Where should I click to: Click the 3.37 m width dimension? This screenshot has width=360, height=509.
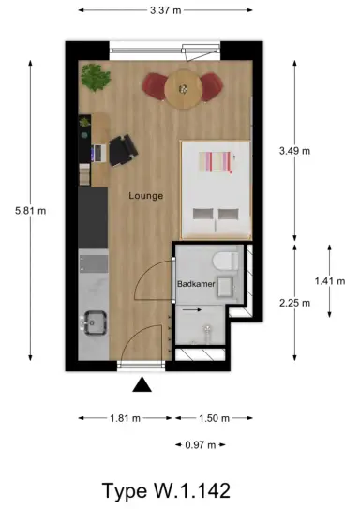click(165, 11)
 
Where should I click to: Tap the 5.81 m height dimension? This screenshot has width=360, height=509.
click(30, 211)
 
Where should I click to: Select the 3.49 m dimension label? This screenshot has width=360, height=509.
click(295, 149)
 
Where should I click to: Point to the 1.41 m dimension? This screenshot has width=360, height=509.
click(330, 279)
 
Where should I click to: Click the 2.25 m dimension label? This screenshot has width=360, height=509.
click(295, 302)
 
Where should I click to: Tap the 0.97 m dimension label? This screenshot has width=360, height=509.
click(201, 444)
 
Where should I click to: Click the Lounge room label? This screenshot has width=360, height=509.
click(146, 196)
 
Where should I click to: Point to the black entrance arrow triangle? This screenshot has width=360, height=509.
click(141, 382)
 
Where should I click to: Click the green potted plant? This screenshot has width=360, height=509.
click(94, 75)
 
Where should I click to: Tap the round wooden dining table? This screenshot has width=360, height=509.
click(184, 88)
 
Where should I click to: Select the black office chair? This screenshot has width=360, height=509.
click(122, 150)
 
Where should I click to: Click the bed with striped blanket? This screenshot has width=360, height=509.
click(216, 189)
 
